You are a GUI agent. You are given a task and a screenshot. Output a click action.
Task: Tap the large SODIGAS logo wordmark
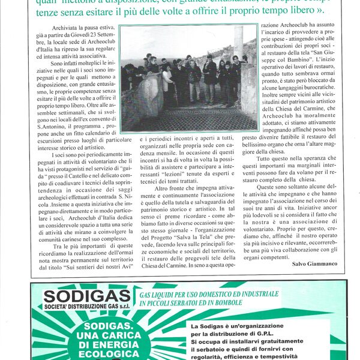coord(86,297)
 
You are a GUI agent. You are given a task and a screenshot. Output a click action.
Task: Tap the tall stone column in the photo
coord(239,44)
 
